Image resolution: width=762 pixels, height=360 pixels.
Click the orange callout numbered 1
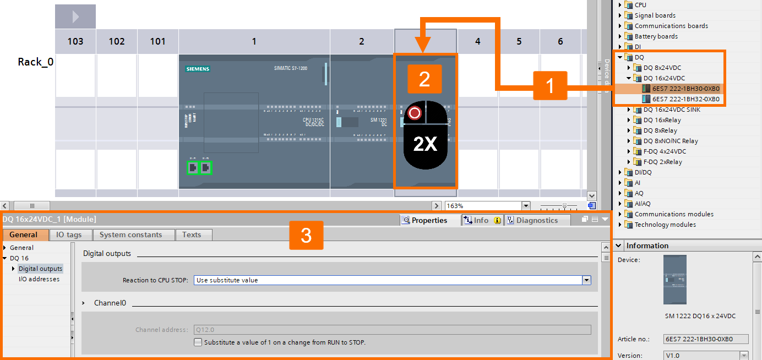click(x=550, y=86)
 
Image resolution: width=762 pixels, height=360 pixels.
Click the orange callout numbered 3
click(x=306, y=236)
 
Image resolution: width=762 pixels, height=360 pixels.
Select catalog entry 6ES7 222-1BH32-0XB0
click(x=685, y=99)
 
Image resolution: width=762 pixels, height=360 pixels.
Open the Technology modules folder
click(x=665, y=225)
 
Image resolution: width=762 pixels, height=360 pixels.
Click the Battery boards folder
click(x=656, y=36)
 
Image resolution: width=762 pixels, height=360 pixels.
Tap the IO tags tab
click(x=69, y=234)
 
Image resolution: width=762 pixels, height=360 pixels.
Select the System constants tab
click(x=130, y=234)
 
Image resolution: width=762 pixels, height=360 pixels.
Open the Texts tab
click(x=192, y=234)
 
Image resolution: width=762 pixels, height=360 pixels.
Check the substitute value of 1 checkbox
click(x=198, y=342)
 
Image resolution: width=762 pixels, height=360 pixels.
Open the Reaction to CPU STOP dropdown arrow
click(x=586, y=280)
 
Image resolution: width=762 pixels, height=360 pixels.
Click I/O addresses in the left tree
click(x=39, y=279)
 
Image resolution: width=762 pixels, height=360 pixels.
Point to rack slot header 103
click(x=75, y=41)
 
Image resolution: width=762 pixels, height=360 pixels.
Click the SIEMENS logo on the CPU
click(x=198, y=69)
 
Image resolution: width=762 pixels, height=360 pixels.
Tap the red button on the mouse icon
click(x=415, y=113)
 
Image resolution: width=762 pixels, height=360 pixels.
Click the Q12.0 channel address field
click(x=392, y=330)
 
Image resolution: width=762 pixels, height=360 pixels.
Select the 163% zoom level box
click(x=482, y=206)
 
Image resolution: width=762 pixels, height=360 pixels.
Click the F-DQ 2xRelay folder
click(x=662, y=162)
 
